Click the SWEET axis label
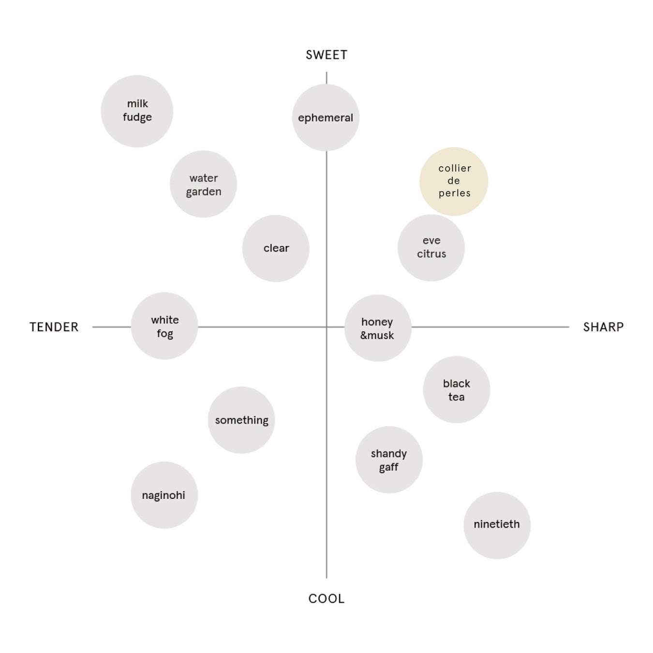[326, 55]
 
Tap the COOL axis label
[326, 599]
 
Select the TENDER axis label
[54, 327]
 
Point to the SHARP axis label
[603, 327]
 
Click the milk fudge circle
[137, 111]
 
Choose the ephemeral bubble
[326, 118]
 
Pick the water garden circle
[203, 184]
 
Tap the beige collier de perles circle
[454, 181]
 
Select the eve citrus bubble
[431, 248]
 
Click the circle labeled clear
[276, 248]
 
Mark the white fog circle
[164, 326]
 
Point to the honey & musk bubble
[378, 328]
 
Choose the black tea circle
[456, 390]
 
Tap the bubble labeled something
[241, 420]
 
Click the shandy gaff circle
[389, 460]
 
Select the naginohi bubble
[164, 495]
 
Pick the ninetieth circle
[497, 525]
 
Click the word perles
[455, 193]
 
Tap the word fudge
[137, 118]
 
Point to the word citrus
[431, 254]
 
